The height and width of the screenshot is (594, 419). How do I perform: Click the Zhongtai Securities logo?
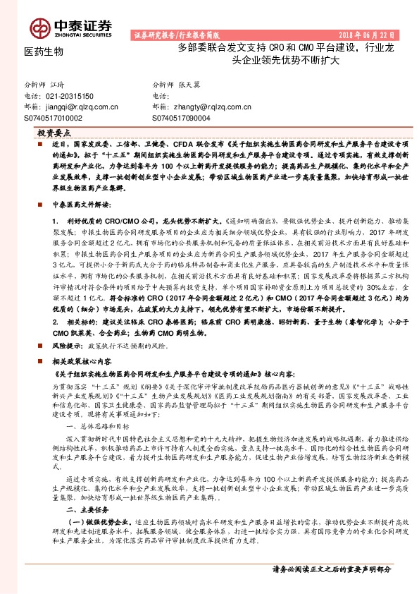click(x=70, y=27)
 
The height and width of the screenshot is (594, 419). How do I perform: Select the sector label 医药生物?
click(x=44, y=52)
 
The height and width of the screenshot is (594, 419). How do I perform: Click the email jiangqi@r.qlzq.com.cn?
click(x=71, y=107)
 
